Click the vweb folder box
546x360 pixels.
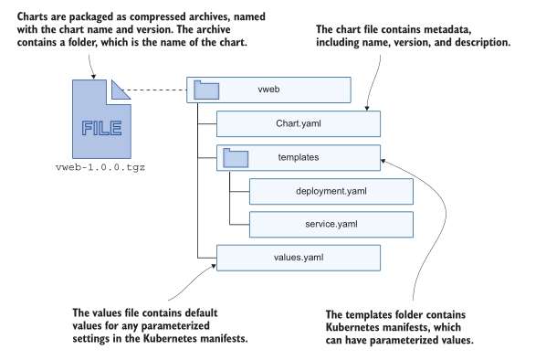coord(269,90)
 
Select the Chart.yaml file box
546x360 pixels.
coord(297,123)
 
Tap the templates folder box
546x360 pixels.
coord(297,157)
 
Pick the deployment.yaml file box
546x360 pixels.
coord(331,191)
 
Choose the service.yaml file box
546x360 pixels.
coord(331,224)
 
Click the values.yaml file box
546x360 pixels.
coord(297,258)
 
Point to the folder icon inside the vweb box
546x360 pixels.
coord(206,90)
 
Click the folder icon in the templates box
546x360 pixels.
coord(236,158)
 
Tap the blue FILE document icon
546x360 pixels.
coord(100,119)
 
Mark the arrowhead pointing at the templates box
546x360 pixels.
coord(383,162)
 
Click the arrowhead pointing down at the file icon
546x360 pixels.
coord(93,73)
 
